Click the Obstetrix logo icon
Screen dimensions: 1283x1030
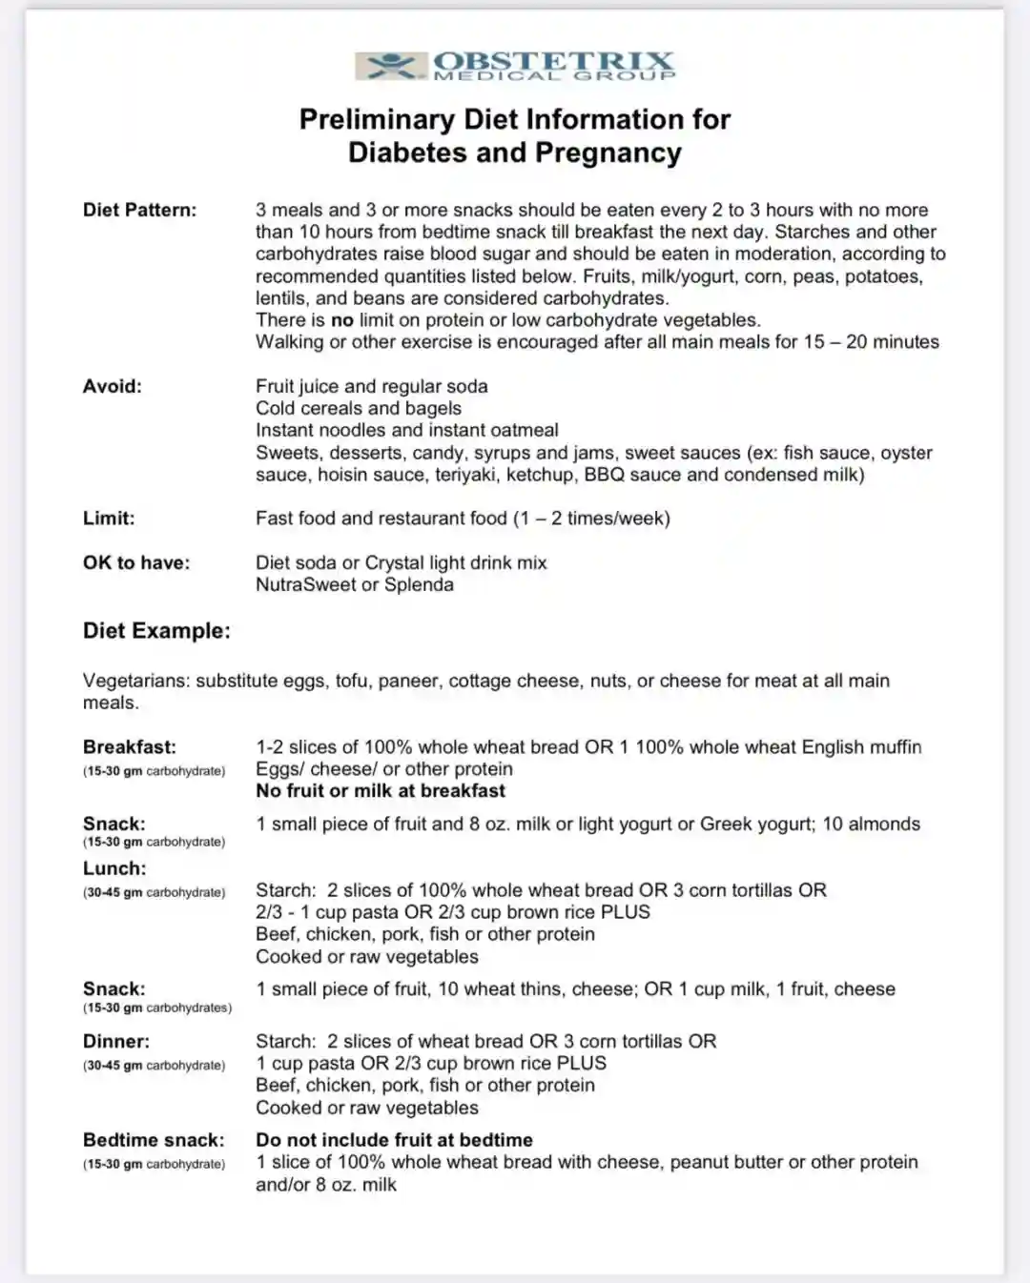pos(390,66)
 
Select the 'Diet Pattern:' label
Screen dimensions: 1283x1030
pos(139,210)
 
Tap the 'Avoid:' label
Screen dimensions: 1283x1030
pos(112,386)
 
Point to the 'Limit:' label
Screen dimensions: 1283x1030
pos(109,519)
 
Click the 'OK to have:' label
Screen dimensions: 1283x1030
pos(136,562)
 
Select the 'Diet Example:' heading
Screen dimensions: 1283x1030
pos(156,631)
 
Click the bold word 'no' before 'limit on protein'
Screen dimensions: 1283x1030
pos(342,320)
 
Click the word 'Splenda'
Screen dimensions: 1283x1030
pos(419,584)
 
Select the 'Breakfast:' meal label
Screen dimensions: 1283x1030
pos(130,747)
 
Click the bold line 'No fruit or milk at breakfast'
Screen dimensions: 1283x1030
pos(381,791)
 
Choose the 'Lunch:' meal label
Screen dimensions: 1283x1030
pos(114,868)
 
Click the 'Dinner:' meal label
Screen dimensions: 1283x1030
pos(116,1041)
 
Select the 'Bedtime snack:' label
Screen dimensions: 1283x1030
pos(154,1140)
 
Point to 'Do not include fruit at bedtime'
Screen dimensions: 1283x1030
pos(394,1140)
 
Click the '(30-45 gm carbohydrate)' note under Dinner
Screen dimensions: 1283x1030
pos(154,1066)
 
